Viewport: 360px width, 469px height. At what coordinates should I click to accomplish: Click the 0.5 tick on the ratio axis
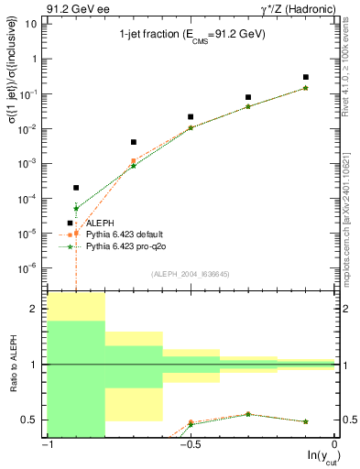[30, 420]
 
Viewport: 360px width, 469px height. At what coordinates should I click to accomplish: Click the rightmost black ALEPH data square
[306, 77]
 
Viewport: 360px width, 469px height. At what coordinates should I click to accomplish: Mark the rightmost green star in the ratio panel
[306, 421]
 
